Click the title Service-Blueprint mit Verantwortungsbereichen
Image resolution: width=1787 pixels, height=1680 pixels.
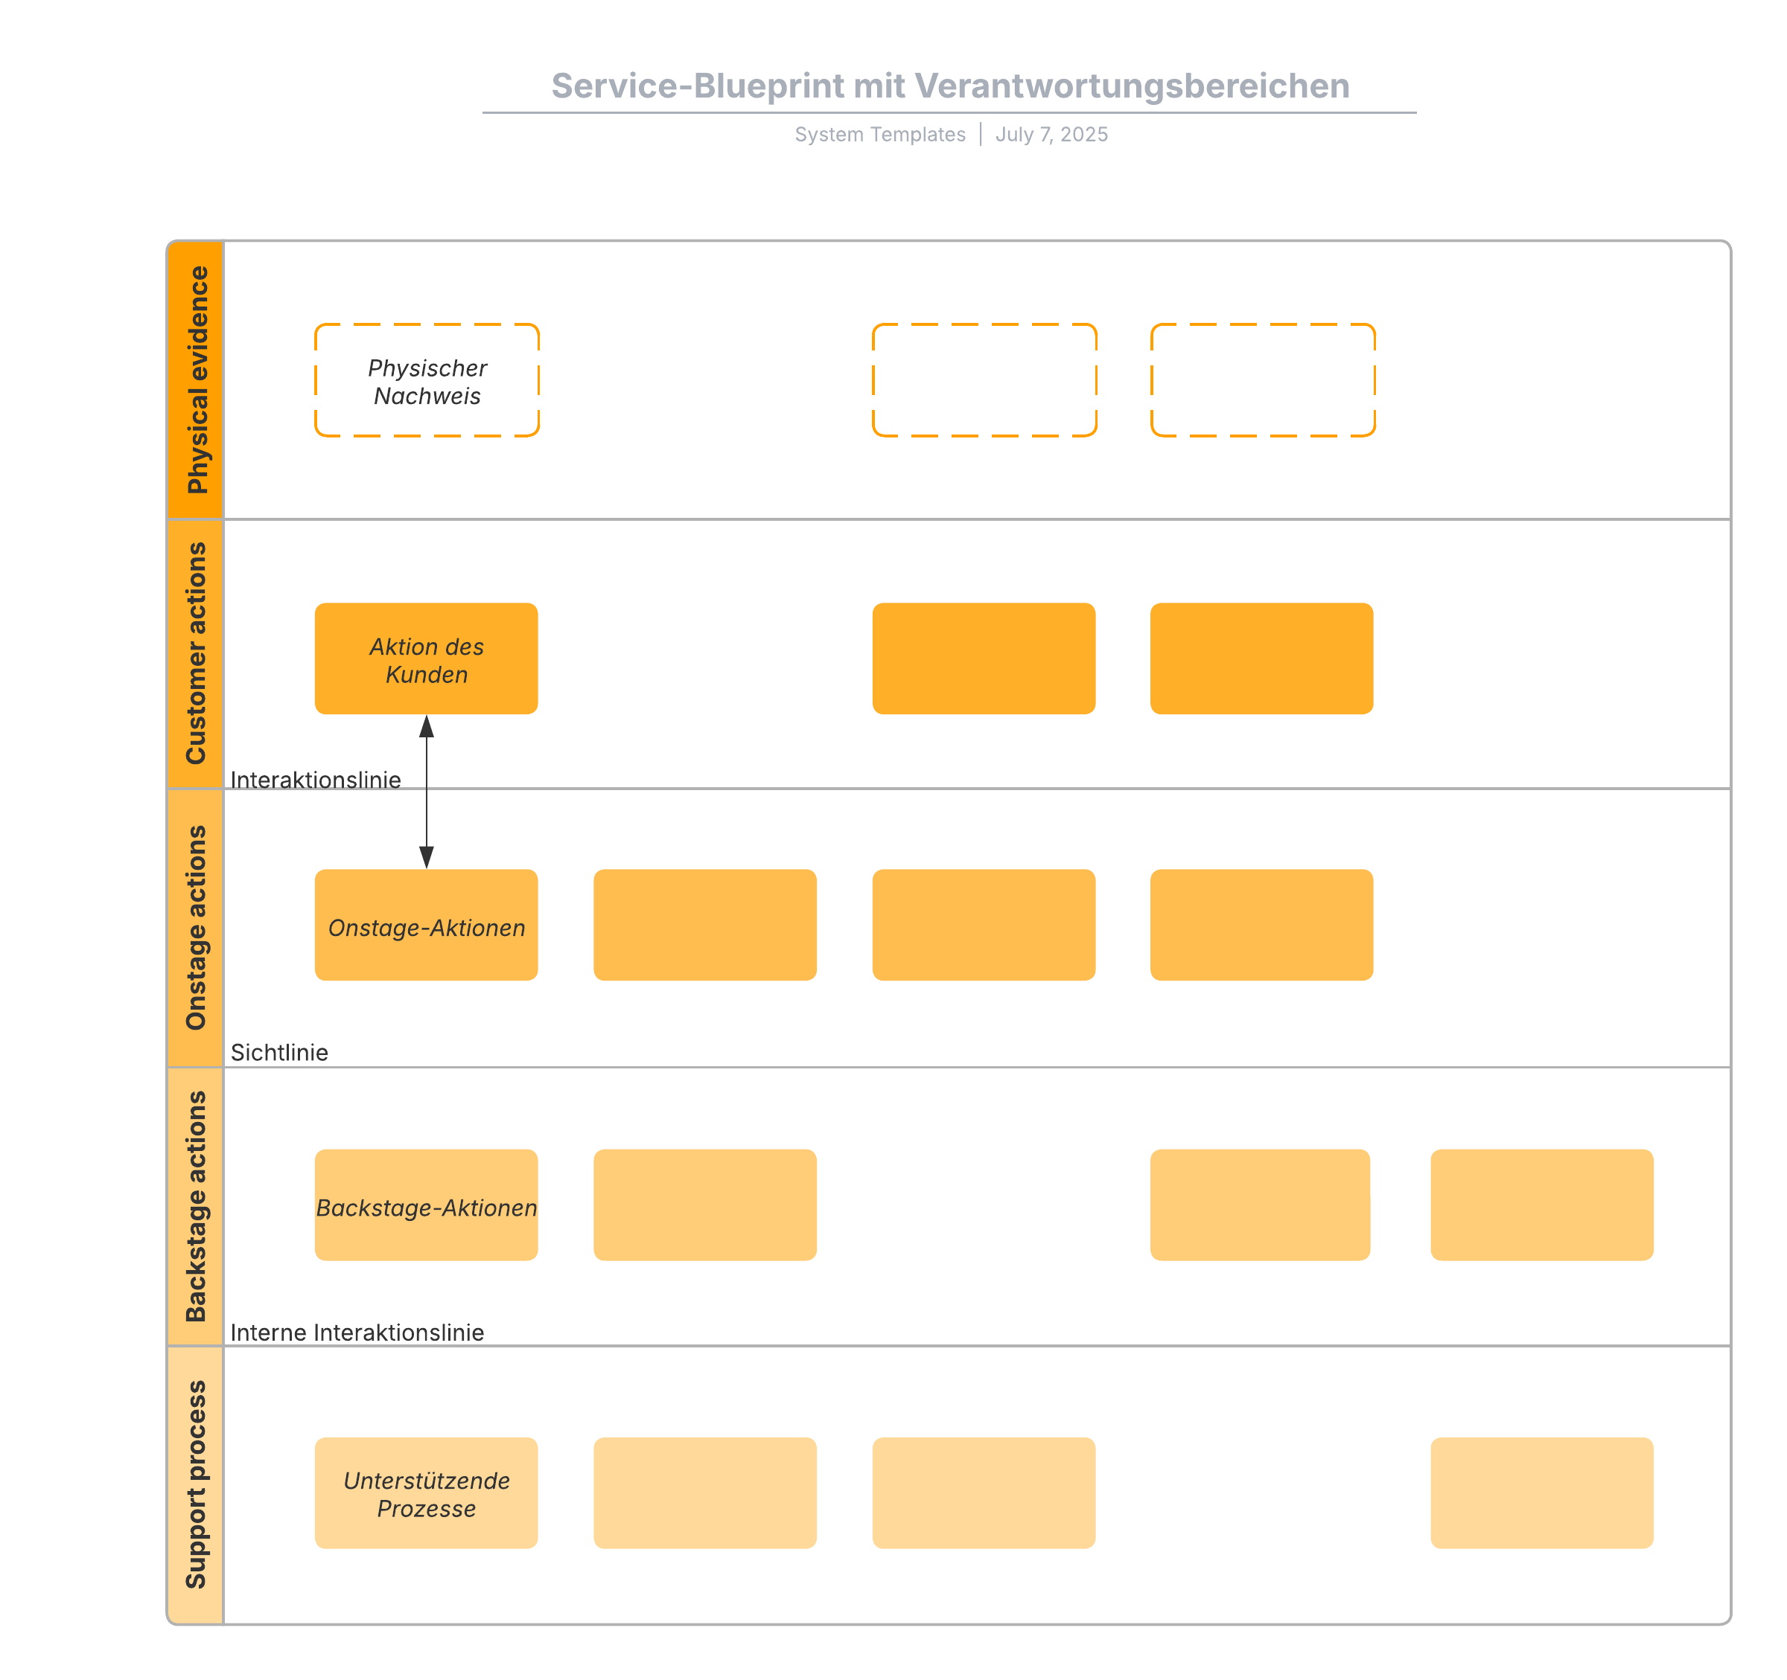[950, 86]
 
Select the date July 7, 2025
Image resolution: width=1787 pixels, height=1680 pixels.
[1051, 135]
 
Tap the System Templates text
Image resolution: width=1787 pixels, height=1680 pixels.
[879, 135]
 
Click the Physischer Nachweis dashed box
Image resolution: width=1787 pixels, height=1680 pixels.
[427, 381]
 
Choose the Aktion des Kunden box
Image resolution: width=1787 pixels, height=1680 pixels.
[426, 659]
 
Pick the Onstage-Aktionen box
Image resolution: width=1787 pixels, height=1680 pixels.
[426, 926]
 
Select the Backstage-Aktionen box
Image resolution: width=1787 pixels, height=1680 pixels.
[426, 1205]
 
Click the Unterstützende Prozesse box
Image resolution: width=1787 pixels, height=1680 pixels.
[426, 1493]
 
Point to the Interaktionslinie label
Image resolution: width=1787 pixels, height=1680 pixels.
[316, 780]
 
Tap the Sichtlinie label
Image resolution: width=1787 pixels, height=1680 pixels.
[279, 1053]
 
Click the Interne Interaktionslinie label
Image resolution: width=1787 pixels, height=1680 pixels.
[357, 1333]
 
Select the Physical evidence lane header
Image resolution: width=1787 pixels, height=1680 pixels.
[196, 380]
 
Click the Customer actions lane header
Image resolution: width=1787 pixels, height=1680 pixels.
[196, 654]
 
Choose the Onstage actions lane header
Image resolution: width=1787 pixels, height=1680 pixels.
[196, 928]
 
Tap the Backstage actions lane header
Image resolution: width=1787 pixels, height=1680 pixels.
[196, 1207]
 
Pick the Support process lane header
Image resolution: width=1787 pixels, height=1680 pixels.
[196, 1485]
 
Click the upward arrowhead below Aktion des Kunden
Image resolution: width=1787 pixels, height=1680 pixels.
[427, 726]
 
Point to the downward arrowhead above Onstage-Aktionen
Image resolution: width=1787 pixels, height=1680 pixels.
[427, 857]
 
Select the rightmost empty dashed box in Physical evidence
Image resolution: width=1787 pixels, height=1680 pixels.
[1263, 381]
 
